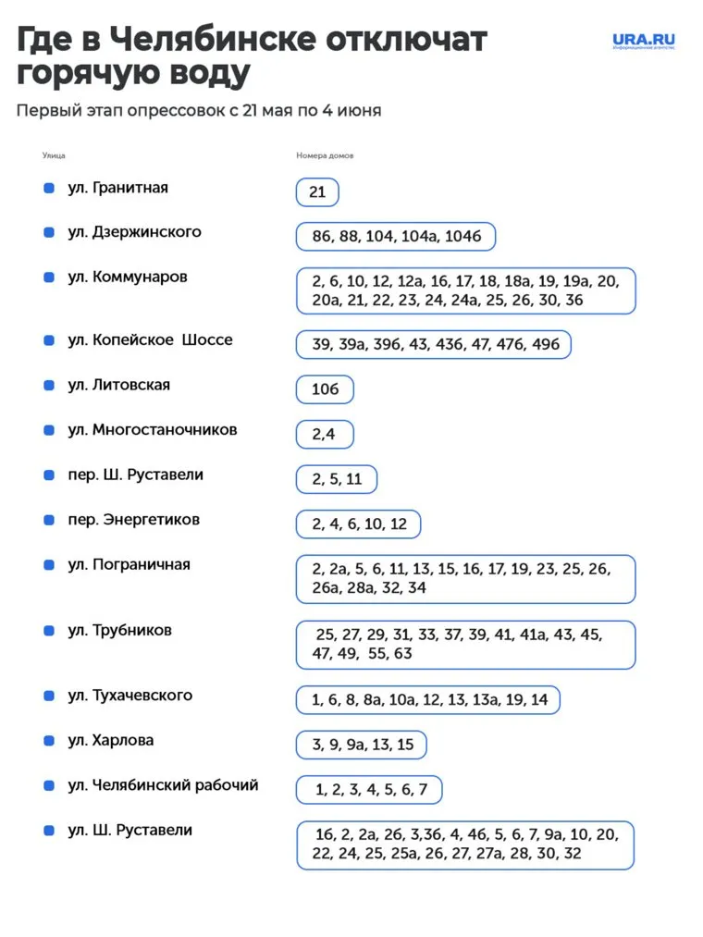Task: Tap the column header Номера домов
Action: [x=325, y=155]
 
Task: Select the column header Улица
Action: [x=54, y=155]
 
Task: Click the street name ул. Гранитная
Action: [x=117, y=188]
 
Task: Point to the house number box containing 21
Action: [x=317, y=192]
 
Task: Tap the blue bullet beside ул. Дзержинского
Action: [x=49, y=232]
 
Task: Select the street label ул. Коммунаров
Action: [x=128, y=277]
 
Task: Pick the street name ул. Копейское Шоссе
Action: [x=150, y=339]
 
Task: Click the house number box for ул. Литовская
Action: [x=325, y=389]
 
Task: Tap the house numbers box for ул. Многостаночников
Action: [x=324, y=434]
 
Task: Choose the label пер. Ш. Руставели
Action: [x=135, y=475]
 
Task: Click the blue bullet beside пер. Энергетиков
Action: [x=49, y=520]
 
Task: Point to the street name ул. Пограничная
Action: [x=129, y=564]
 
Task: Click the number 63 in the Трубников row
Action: [x=402, y=654]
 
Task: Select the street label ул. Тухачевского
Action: [x=129, y=696]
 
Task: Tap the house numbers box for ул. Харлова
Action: [x=362, y=745]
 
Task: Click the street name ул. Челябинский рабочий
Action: [x=163, y=785]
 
